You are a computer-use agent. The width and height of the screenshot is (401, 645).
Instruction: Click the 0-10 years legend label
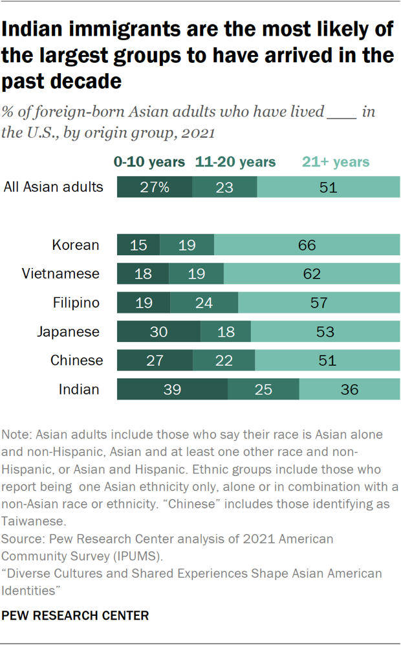click(x=149, y=162)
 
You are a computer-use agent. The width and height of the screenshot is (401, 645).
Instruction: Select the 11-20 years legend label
click(x=235, y=162)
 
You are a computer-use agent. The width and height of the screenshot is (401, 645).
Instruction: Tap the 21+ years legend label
click(x=336, y=162)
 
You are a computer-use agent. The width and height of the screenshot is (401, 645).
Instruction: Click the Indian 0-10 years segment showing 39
click(x=172, y=390)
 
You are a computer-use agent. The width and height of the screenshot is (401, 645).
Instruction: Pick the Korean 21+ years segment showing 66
click(x=307, y=245)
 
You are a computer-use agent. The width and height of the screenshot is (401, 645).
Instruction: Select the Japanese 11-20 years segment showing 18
click(x=226, y=332)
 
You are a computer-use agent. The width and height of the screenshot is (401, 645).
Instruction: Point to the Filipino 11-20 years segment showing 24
click(x=204, y=303)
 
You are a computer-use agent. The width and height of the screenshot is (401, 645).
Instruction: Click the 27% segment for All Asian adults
click(x=155, y=188)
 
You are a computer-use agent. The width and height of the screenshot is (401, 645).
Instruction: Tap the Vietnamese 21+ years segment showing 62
click(x=312, y=274)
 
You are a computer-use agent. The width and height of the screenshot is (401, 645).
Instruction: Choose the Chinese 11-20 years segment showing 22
click(x=224, y=361)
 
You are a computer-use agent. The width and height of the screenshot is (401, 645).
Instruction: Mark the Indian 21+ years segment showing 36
click(x=349, y=390)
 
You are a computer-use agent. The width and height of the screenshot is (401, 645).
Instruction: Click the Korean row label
click(x=76, y=245)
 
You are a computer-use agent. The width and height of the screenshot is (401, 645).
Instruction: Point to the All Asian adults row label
click(x=53, y=188)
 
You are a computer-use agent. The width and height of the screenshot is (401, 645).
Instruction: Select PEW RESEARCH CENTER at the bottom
click(x=76, y=615)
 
